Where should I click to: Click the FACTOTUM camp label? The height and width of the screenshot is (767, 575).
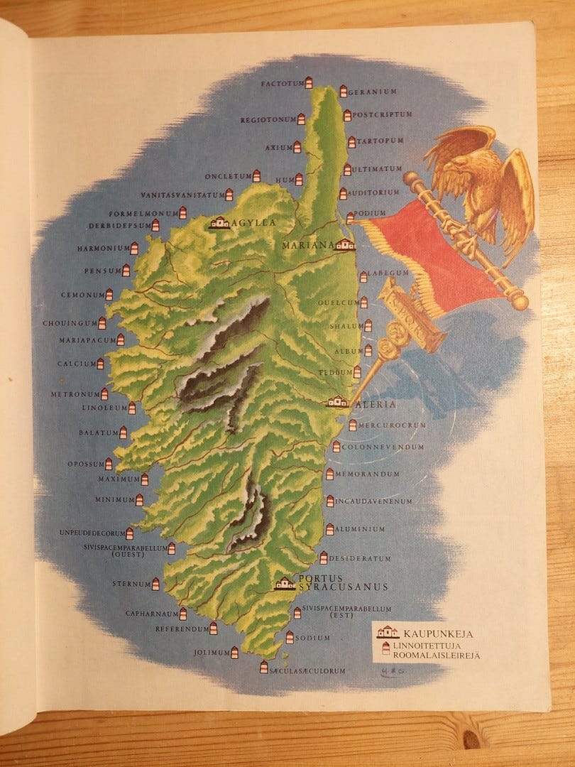coord(282,84)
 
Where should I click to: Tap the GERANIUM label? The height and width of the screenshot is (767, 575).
coord(372,92)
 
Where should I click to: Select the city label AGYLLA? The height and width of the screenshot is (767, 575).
coord(253,222)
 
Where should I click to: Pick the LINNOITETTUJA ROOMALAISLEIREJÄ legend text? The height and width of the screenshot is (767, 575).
coord(435,650)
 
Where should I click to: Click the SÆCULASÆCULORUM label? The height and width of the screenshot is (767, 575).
coord(307,670)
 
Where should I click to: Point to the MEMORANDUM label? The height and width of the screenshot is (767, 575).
coord(366,474)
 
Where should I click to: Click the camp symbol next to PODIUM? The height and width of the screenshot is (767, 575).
coord(350,217)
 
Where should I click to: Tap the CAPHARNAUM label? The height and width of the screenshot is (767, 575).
coord(150,613)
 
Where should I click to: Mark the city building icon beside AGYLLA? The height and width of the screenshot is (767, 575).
coord(219,223)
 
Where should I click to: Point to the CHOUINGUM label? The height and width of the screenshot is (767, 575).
coord(69,323)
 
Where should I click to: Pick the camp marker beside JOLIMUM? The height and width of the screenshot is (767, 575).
coord(235,652)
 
